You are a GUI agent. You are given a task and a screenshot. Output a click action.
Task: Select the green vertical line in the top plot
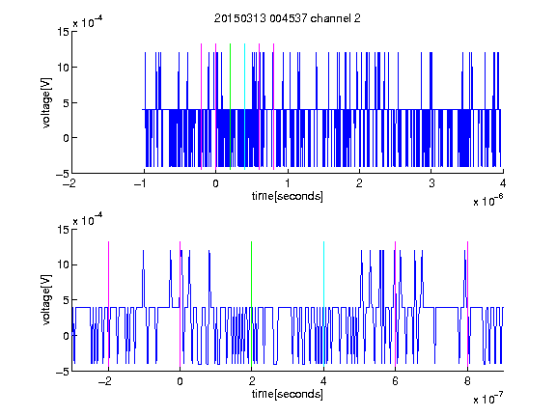pyautogui.click(x=230, y=106)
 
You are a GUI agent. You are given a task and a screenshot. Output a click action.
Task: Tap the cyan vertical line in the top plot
pyautogui.click(x=244, y=106)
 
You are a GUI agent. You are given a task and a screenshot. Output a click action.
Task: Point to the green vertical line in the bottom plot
pyautogui.click(x=251, y=304)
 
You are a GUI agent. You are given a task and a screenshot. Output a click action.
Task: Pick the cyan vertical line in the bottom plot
pyautogui.click(x=323, y=304)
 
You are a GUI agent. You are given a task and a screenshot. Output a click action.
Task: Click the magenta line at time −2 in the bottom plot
pyautogui.click(x=108, y=304)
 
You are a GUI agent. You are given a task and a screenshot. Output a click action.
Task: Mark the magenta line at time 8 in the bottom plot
pyautogui.click(x=467, y=304)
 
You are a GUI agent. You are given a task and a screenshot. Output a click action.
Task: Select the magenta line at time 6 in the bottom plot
pyautogui.click(x=396, y=304)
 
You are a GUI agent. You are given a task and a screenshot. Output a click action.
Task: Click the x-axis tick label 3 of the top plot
pyautogui.click(x=431, y=183)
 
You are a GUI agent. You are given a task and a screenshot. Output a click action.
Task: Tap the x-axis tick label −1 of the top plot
pyautogui.click(x=142, y=183)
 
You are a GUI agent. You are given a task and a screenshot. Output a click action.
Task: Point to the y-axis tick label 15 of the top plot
pyautogui.click(x=63, y=32)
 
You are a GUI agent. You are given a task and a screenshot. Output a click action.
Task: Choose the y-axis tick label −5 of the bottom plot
pyautogui.click(x=63, y=372)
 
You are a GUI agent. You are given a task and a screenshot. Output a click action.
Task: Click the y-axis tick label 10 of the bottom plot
pyautogui.click(x=63, y=264)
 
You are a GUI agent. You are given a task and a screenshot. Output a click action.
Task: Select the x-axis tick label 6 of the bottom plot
pyautogui.click(x=396, y=381)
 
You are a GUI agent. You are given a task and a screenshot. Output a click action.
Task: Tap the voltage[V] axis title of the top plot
pyautogui.click(x=46, y=103)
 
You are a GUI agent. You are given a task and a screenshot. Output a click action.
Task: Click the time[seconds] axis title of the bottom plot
pyautogui.click(x=288, y=394)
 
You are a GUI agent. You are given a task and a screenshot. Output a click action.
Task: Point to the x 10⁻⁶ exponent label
pyautogui.click(x=487, y=200)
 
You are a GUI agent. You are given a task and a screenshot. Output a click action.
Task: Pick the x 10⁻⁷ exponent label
pyautogui.click(x=487, y=398)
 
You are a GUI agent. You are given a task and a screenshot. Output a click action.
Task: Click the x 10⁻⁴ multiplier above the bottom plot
pyautogui.click(x=88, y=220)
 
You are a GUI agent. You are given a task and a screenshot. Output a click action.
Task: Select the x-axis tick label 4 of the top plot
pyautogui.click(x=503, y=183)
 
